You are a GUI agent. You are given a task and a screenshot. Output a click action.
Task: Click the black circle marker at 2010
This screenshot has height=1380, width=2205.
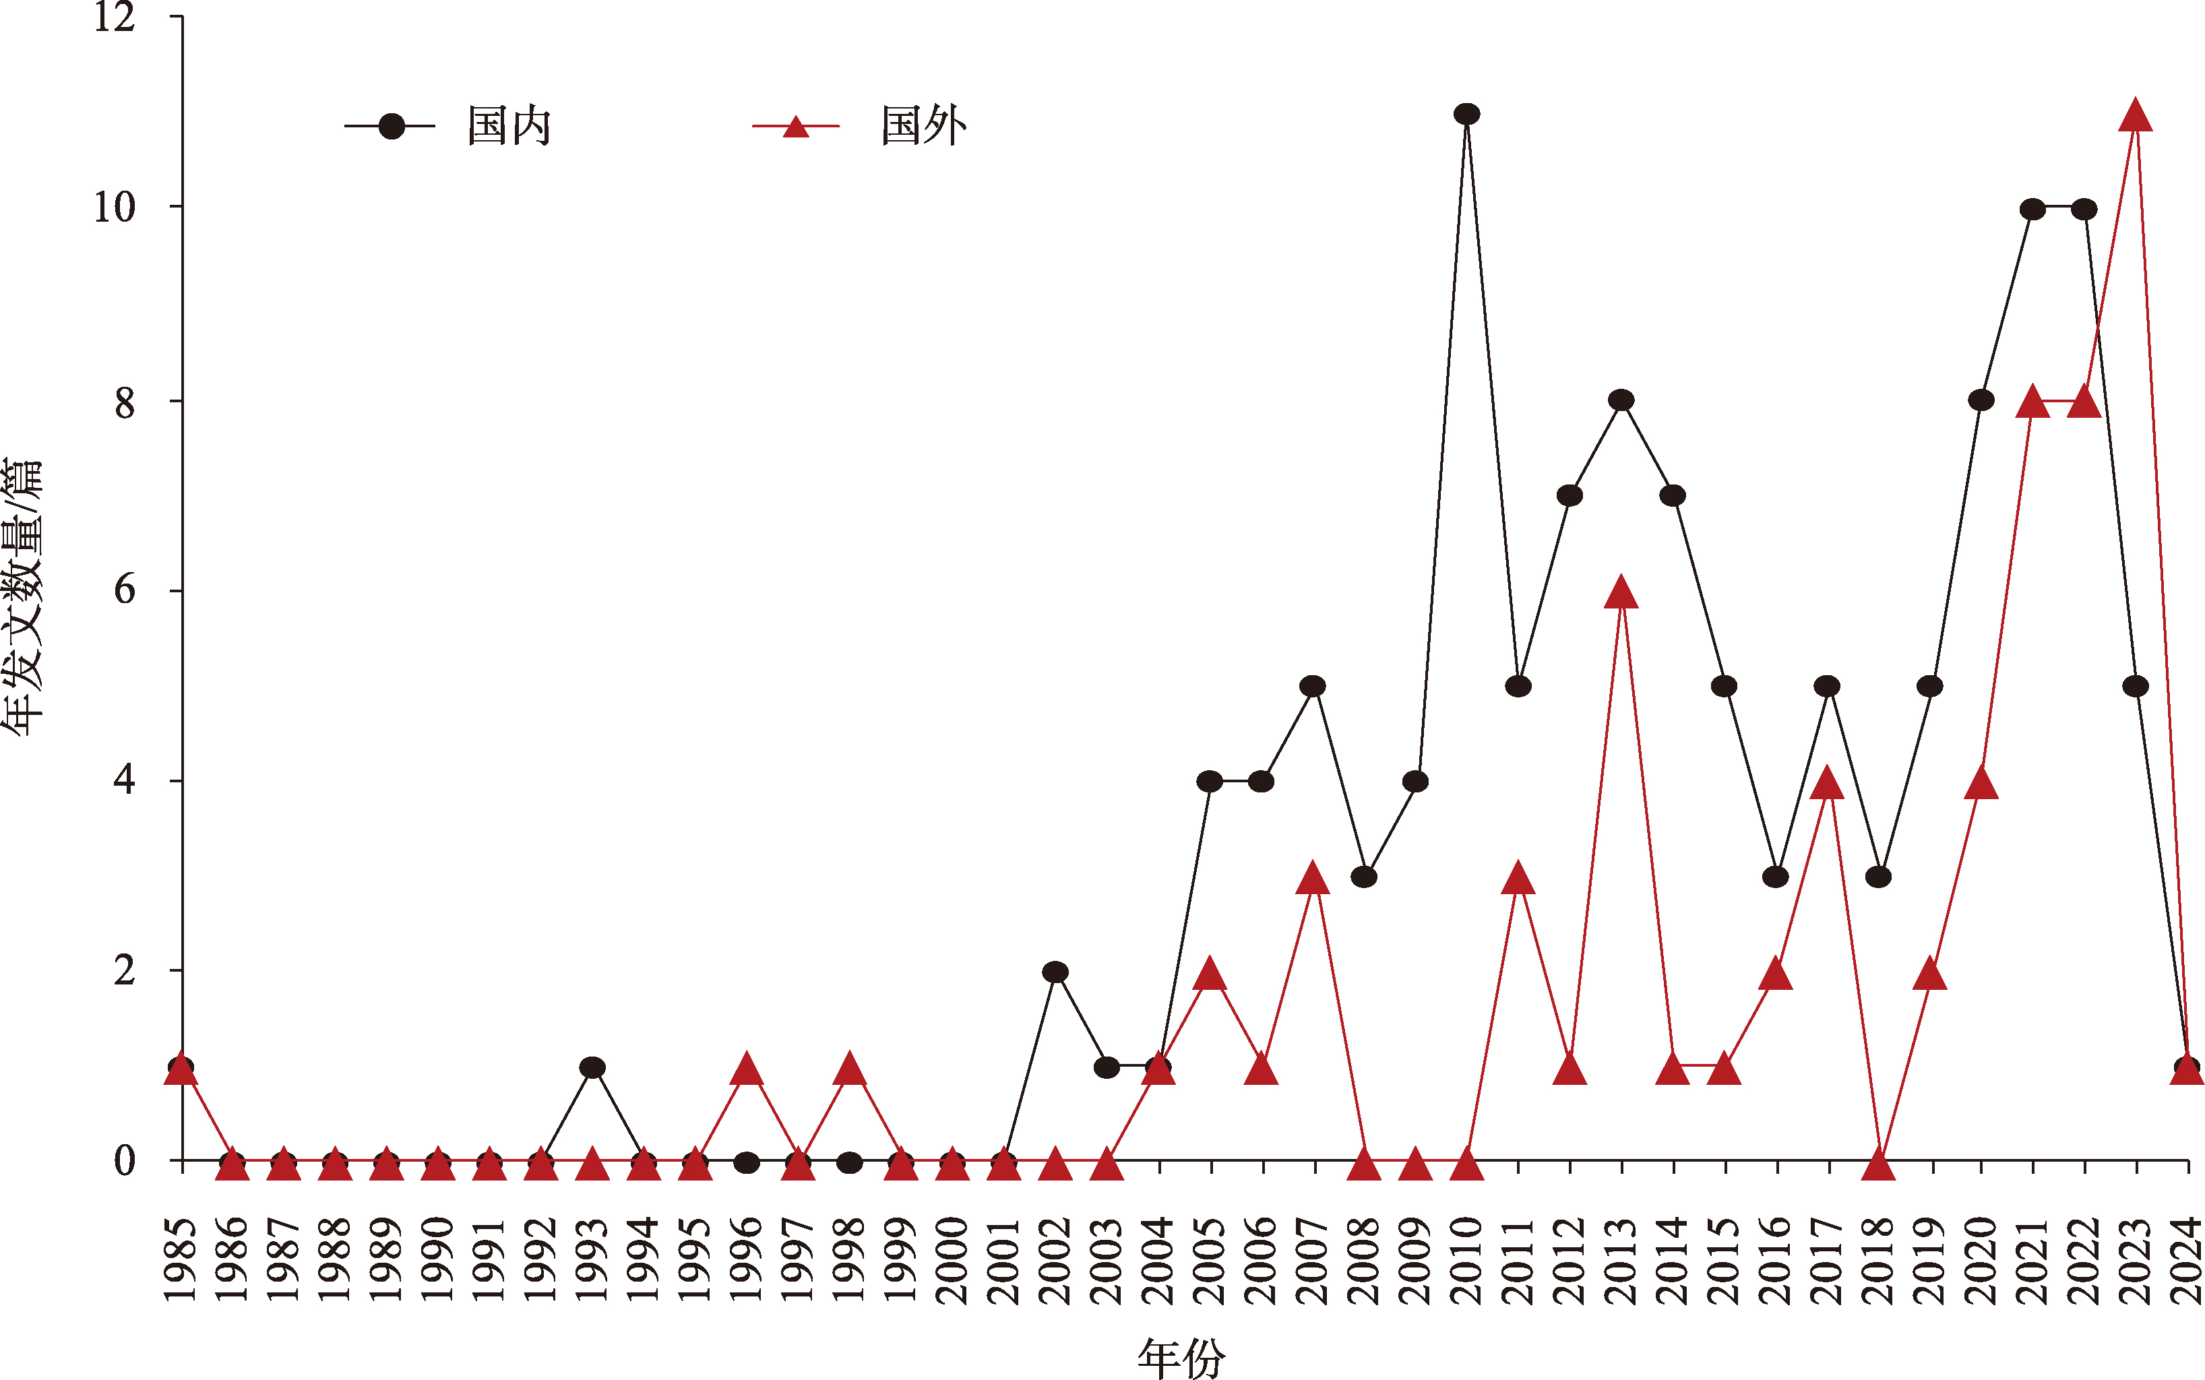1466,114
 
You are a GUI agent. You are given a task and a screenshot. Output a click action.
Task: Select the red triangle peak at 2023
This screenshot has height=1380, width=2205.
2136,118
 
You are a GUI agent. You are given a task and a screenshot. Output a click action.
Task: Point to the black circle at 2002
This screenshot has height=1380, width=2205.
1055,972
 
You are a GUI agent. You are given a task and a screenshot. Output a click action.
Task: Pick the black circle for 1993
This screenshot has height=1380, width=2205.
592,1067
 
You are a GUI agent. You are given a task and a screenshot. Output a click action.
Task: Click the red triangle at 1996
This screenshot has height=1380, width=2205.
747,1069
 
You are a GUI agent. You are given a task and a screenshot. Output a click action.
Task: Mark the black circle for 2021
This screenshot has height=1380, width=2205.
2032,209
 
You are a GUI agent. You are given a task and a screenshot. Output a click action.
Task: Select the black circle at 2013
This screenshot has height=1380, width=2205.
1621,400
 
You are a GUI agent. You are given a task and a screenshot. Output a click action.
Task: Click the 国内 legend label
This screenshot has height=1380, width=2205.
509,126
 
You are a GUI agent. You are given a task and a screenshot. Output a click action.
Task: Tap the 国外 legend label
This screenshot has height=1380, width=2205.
924,126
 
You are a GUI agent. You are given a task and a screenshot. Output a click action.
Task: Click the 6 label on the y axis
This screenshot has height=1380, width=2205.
124,590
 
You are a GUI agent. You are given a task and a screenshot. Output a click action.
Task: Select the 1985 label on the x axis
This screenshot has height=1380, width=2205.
181,1259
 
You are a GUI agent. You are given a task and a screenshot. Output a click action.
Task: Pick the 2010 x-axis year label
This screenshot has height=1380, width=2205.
1466,1259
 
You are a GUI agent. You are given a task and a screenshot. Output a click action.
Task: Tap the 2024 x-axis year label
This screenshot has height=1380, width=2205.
2187,1259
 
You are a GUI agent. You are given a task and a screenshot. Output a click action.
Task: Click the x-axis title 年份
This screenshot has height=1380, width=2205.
1181,1358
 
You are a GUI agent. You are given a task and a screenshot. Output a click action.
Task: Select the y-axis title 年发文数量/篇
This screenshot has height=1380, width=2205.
22,598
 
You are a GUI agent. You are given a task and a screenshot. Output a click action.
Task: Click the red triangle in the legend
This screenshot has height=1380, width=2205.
796,127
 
